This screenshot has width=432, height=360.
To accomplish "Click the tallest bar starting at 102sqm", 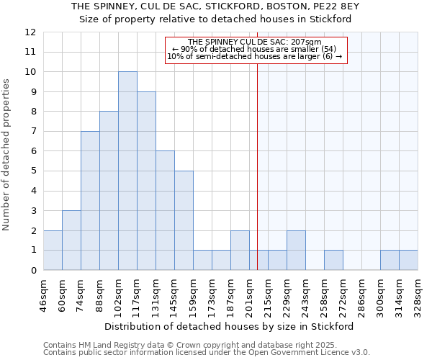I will point(127,171).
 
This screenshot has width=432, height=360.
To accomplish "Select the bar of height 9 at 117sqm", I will point(146,181).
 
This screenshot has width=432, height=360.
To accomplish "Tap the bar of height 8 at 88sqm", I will point(109,191).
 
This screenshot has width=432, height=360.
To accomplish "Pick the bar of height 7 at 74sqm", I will point(90,201).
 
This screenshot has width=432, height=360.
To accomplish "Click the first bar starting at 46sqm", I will point(53,250).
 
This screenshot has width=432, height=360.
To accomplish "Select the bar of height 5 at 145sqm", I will point(184,220).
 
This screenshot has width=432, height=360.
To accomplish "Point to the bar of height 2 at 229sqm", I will point(296,250).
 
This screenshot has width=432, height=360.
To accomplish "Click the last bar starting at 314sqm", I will point(408,260).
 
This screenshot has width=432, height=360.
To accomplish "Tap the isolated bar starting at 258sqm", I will point(333,260).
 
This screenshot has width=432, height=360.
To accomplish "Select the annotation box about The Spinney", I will point(256,50).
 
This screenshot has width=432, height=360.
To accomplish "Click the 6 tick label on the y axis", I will point(33,151).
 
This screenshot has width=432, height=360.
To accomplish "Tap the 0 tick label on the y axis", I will point(33,270).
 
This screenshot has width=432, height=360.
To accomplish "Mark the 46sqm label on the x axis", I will point(44,294).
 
